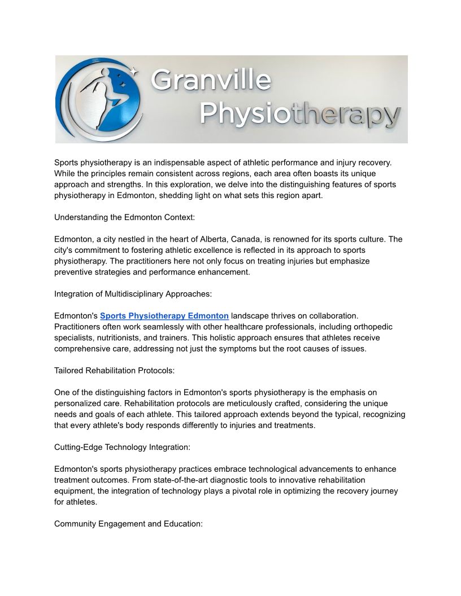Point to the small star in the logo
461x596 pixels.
coord(133,71)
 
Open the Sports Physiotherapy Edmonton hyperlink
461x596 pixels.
coord(164,316)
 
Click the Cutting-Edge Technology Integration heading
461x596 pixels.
coord(122,448)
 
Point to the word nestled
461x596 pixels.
coord(133,239)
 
